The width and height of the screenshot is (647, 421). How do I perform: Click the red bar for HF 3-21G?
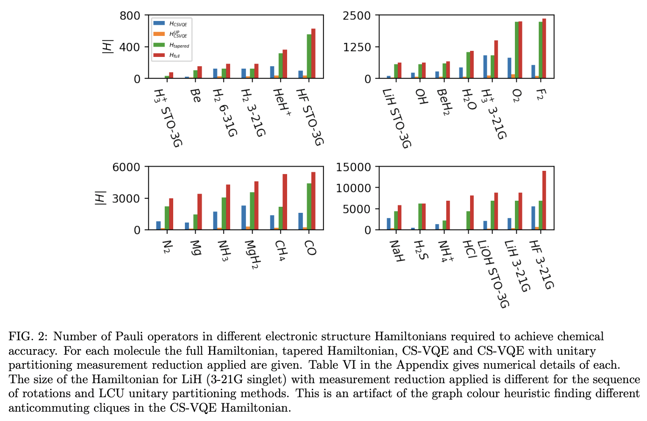(x=544, y=200)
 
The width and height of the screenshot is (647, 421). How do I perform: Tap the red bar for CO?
(x=313, y=201)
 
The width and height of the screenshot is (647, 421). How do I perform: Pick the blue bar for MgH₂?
(x=244, y=218)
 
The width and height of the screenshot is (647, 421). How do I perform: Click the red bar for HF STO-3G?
(x=313, y=53)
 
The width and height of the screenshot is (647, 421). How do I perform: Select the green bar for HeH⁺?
(x=281, y=66)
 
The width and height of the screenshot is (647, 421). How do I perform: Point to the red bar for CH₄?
(x=285, y=202)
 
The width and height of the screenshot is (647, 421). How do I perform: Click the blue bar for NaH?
(x=388, y=224)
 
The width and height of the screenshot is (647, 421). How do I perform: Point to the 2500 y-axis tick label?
(x=357, y=16)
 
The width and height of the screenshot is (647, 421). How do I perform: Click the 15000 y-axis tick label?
(x=353, y=167)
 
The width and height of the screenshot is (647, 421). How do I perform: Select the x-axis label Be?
(x=196, y=96)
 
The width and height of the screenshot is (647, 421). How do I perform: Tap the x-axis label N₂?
(x=167, y=247)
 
